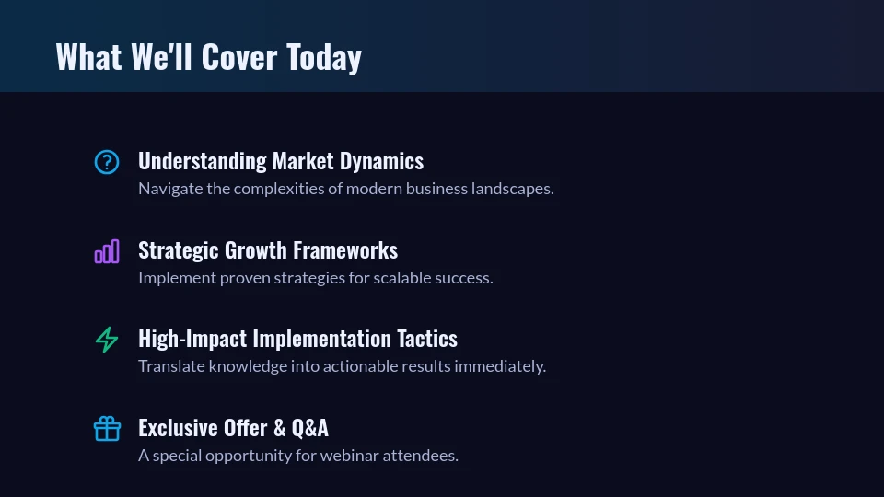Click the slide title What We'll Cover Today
click(x=208, y=57)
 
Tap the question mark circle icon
click(x=107, y=162)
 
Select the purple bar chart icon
click(x=107, y=251)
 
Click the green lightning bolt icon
click(x=107, y=340)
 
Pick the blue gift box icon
click(x=107, y=429)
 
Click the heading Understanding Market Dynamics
click(x=281, y=161)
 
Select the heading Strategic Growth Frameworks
click(x=268, y=250)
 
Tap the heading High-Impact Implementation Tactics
click(x=297, y=339)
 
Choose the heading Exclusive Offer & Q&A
click(x=233, y=428)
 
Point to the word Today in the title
click(x=323, y=57)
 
